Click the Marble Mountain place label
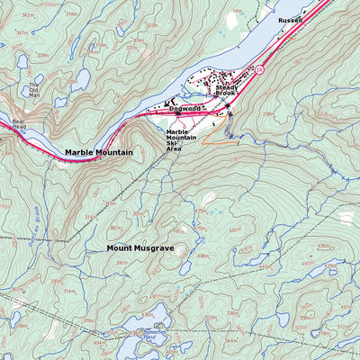click(x=98, y=152)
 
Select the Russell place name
click(x=290, y=20)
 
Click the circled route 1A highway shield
click(x=259, y=69)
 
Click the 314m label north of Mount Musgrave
click(x=90, y=217)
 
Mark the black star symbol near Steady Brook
click(x=228, y=105)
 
